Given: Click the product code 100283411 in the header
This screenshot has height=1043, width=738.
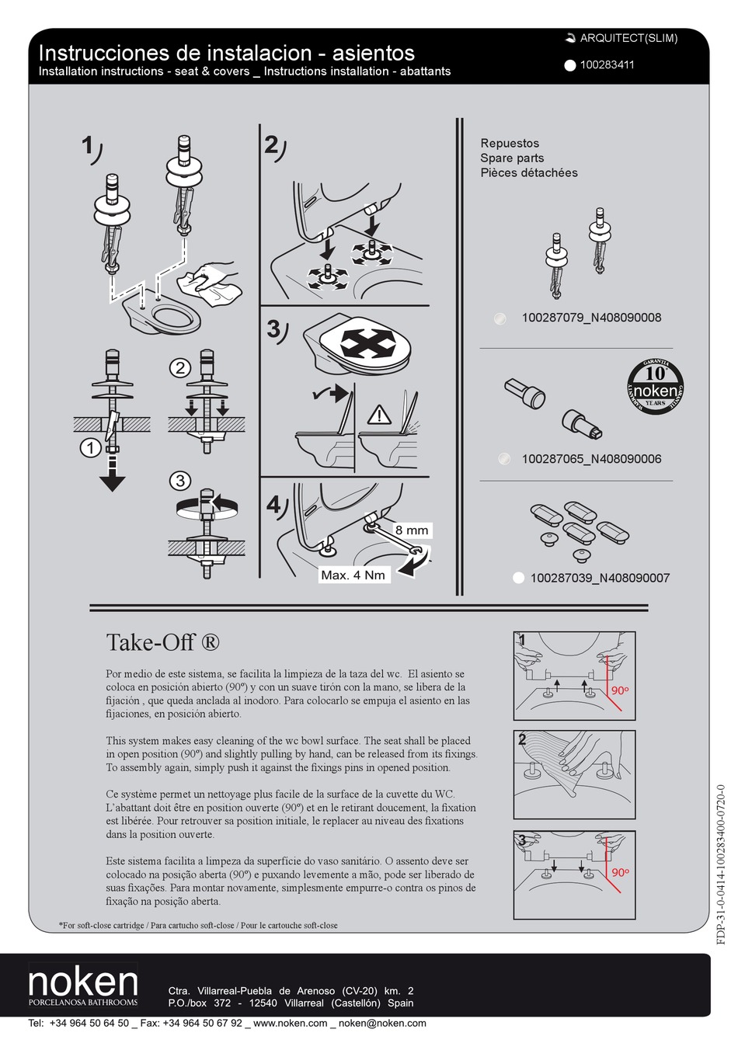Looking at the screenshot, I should coord(607,65).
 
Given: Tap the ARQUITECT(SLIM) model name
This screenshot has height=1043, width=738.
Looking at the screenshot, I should coord(628,38).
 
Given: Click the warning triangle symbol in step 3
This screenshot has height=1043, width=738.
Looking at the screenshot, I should coord(379,415).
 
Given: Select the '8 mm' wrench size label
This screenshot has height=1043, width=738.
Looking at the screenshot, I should coord(411,530).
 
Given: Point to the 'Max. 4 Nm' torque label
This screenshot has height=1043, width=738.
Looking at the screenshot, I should coord(353,575).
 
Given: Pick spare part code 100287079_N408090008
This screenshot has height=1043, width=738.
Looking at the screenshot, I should coord(591,317).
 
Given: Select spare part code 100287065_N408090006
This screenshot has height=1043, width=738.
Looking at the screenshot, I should coord(591,459).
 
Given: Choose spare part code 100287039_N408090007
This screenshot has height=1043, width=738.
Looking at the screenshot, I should coord(599,578).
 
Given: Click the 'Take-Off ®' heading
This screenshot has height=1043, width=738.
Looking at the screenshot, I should coord(162,643).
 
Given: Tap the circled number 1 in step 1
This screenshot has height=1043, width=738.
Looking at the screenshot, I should coord(91,448).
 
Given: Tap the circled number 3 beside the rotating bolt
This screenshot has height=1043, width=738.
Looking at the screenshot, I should coord(180,481).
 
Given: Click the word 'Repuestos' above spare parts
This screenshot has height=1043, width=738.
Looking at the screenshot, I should coord(509,143).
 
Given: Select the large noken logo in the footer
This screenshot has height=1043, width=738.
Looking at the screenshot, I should coord(83,983).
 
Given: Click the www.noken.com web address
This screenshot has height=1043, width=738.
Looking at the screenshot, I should coord(290,1024).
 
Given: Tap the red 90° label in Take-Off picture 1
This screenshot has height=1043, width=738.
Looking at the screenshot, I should coord(619,690).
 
